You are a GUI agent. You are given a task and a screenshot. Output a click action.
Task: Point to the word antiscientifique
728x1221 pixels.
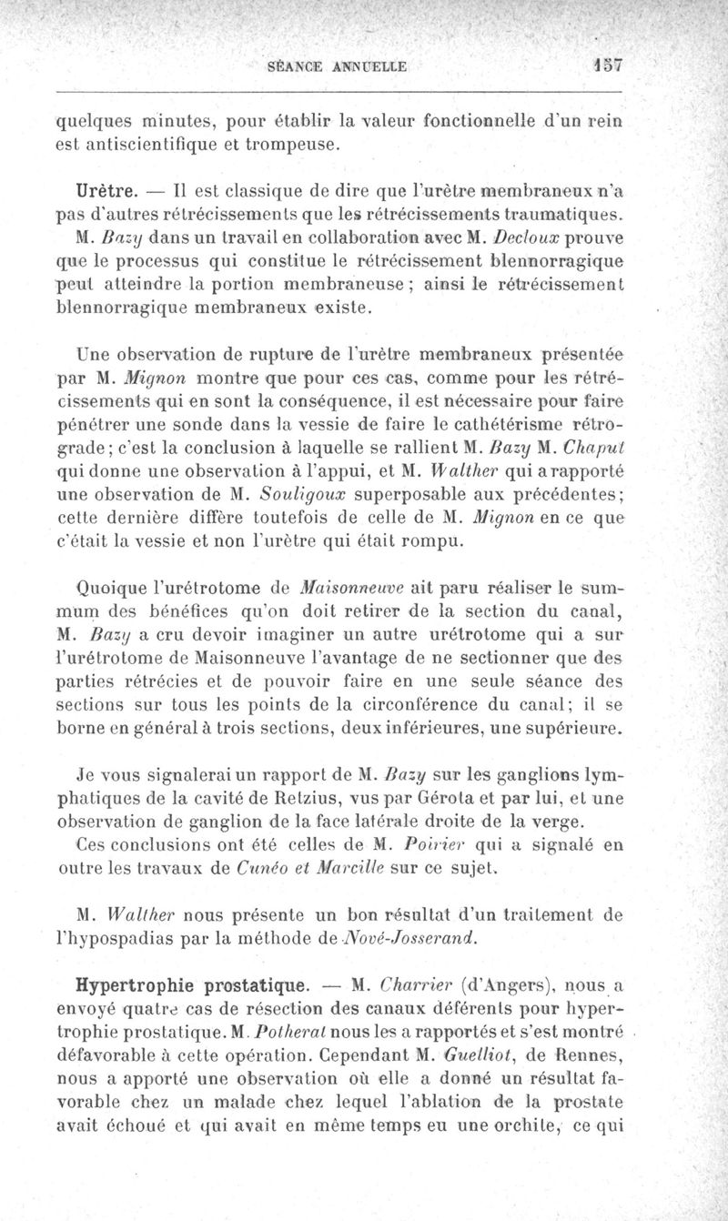pos(162,144)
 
